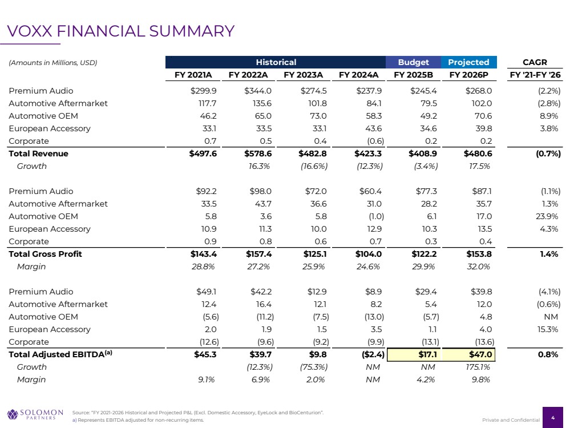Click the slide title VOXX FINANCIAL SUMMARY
click(x=120, y=31)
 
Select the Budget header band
click(x=413, y=62)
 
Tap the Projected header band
click(x=468, y=62)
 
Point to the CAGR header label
click(x=535, y=62)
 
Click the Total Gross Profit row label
click(x=46, y=254)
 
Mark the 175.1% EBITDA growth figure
click(x=478, y=367)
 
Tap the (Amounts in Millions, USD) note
click(x=53, y=63)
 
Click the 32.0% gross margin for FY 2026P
click(x=478, y=267)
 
